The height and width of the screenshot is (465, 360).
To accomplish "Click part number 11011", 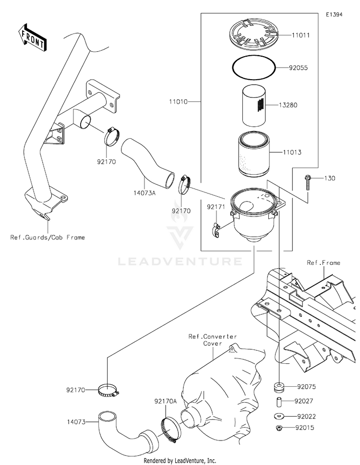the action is (300, 36).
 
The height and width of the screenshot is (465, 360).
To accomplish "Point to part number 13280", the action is (288, 105).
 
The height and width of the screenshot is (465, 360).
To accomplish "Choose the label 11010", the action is (178, 102).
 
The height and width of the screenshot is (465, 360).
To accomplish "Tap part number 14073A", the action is (144, 193).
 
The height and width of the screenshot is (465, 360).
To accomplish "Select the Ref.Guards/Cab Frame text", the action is (48, 237).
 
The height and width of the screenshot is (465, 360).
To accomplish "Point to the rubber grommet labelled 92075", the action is (279, 387).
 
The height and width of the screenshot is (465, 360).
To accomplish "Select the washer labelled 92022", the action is (279, 417).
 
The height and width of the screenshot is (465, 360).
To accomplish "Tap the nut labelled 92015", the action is (279, 428).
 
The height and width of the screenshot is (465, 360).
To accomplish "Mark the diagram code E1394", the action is (334, 14).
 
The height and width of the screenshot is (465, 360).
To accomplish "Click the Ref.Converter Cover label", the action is (213, 340).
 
